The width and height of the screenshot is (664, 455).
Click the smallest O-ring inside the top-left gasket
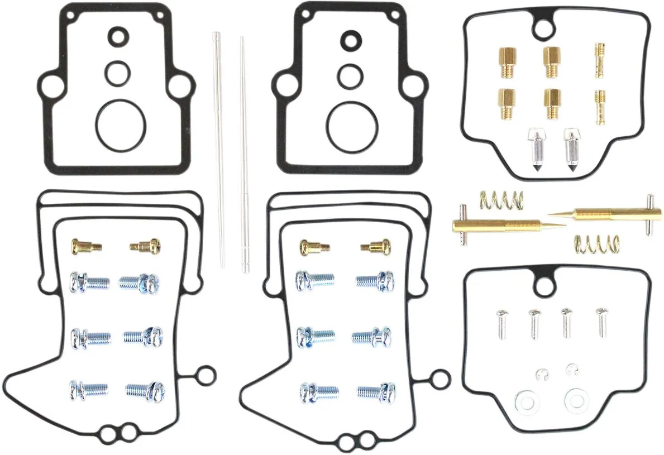coord(117,37)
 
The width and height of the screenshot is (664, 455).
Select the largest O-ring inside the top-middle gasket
coord(350,126)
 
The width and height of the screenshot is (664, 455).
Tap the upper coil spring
coord(501,199)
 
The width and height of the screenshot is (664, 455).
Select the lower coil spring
coord(597,243)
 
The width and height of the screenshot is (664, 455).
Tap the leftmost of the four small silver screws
coord(500,324)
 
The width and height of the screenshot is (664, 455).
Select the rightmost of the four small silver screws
coord(601,322)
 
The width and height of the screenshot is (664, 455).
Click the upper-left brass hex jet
coord(508,62)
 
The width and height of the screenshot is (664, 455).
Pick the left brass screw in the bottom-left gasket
coord(85,245)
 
